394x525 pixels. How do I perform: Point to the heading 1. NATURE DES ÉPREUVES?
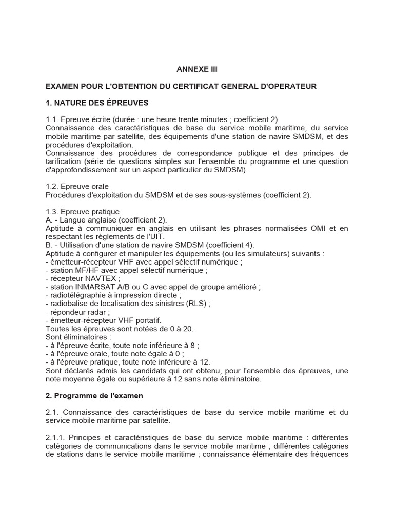click(97, 103)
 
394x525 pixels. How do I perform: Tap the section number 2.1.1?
click(55, 437)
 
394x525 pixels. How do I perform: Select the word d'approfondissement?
click(77, 170)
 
